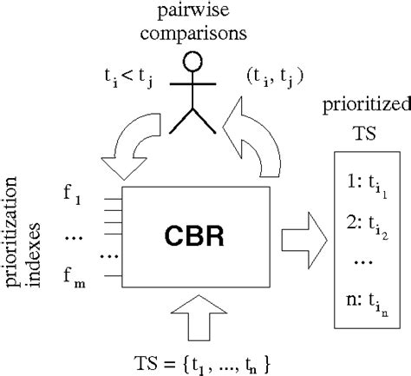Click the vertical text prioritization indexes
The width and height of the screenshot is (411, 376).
[23, 235]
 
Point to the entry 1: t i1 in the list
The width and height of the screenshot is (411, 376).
[370, 186]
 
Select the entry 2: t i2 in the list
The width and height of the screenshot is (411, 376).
[370, 228]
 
